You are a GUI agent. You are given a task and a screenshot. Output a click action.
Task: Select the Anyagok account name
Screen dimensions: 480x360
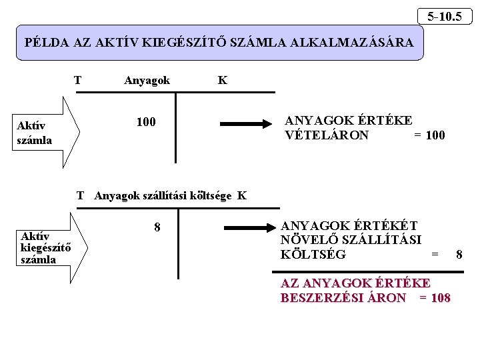coord(147,81)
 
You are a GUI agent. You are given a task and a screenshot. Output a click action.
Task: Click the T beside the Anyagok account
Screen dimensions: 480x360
coord(78,81)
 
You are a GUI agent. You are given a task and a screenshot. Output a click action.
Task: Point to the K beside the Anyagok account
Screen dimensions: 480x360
coord(222,81)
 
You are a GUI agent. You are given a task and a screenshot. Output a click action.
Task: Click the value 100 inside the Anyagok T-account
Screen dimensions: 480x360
coord(145,122)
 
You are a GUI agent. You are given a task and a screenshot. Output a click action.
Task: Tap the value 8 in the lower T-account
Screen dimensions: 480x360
coord(157,227)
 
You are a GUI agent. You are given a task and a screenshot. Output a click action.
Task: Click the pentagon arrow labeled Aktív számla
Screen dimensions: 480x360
coord(47,132)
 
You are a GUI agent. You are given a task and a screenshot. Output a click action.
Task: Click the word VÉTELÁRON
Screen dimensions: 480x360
coord(327,135)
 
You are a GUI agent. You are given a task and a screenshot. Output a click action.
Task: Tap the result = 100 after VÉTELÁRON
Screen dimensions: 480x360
coord(429,135)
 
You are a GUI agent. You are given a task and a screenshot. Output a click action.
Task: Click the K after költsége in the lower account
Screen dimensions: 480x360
coord(241,195)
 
